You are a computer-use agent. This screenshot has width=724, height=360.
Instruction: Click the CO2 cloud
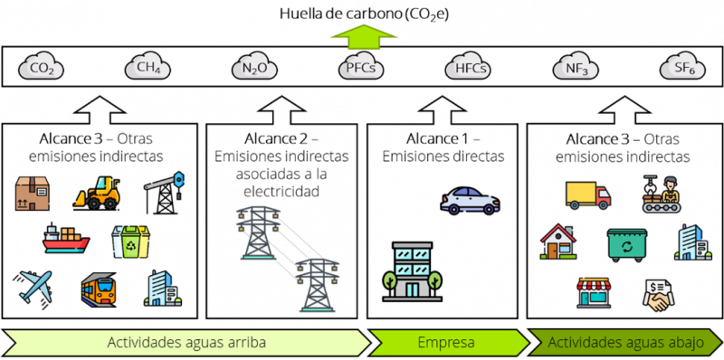click(43, 67)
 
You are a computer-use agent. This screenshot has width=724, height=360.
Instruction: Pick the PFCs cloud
click(361, 67)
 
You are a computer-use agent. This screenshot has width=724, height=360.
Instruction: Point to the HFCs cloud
click(468, 67)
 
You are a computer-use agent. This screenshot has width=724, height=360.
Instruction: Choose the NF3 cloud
click(575, 67)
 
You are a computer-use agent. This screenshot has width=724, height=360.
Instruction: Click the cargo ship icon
click(66, 240)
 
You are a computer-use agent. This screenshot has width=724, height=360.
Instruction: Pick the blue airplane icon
click(35, 288)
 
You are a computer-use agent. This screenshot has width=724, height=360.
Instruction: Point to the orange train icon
click(98, 289)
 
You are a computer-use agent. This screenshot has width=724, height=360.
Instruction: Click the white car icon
click(470, 200)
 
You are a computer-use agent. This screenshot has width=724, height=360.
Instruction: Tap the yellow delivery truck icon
click(587, 194)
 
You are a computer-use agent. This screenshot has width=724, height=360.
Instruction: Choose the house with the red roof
click(557, 242)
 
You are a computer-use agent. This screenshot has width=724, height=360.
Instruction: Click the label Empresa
click(446, 343)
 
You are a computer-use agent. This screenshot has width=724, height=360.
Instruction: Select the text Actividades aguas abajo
click(625, 343)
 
